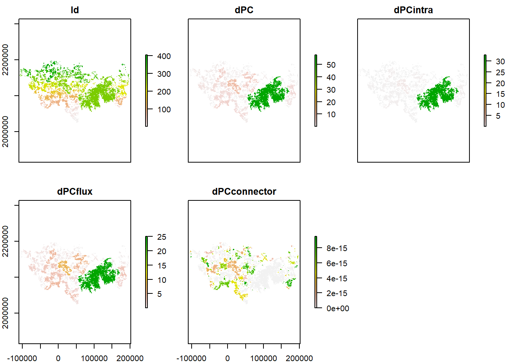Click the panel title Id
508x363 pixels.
75,10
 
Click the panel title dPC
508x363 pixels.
244,10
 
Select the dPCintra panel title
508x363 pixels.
413,10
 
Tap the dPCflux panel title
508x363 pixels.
75,192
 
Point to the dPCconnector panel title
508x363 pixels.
244,192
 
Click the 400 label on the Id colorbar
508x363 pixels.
164,56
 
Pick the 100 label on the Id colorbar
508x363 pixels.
164,110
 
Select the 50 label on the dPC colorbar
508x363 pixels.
331,65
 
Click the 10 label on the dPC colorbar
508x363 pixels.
331,115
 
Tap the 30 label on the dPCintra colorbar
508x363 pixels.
500,62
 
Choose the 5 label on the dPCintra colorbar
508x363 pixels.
498,116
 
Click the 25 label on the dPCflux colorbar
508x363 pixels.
162,237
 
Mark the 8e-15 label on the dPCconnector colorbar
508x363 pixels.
337,248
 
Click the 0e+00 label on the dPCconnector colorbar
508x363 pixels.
338,309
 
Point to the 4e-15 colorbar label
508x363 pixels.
337,279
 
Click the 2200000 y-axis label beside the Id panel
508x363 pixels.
6,60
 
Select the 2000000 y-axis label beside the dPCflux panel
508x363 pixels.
6,313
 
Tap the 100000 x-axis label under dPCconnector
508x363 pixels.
264,358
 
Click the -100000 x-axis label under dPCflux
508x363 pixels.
23,358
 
